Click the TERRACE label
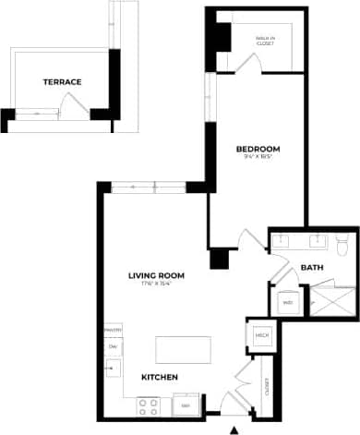[x=62, y=82]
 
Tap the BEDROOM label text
[x=258, y=149]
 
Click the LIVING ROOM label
[x=157, y=275]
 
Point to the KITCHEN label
[x=159, y=378]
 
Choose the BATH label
[x=312, y=269]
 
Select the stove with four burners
[x=148, y=404]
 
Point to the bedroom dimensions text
[x=258, y=158]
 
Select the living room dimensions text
[x=157, y=284]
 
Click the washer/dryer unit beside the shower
[x=287, y=302]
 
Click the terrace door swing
[x=73, y=104]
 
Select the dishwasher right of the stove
[x=185, y=405]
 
